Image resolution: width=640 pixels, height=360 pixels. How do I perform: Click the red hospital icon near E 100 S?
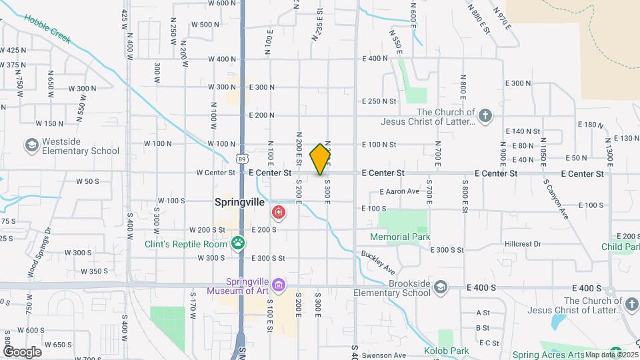click(x=278, y=213)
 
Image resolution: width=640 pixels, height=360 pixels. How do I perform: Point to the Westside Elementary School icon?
click(x=31, y=145)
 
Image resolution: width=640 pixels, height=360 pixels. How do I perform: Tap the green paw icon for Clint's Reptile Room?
click(x=238, y=243)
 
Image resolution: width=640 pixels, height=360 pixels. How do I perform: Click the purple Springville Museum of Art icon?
click(x=279, y=285)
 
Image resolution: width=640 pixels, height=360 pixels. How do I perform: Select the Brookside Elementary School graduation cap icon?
click(x=439, y=287)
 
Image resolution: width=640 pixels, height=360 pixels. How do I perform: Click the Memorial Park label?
click(x=401, y=237)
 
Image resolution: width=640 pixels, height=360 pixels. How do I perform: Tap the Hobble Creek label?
click(x=48, y=30)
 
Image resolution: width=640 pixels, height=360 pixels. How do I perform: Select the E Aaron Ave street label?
click(x=399, y=191)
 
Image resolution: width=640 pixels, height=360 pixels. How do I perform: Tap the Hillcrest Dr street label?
click(x=523, y=244)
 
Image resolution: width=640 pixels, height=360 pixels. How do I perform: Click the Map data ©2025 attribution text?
click(x=610, y=355)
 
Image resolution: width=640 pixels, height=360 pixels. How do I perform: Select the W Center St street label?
click(x=216, y=173)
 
